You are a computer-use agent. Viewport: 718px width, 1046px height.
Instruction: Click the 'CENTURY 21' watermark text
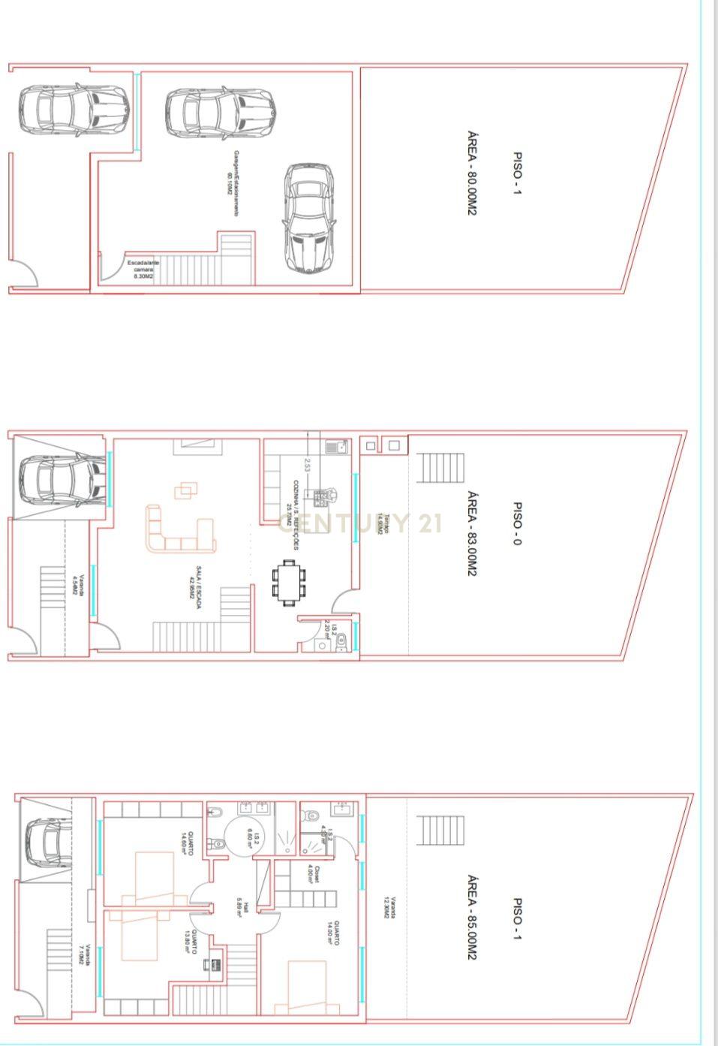tap(360, 523)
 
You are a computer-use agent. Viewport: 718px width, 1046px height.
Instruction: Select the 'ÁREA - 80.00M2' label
tap(472, 174)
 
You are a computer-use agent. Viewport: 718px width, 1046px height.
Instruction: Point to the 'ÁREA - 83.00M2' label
tap(472, 533)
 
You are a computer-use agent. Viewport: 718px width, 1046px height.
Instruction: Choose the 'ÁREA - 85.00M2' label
tap(472, 917)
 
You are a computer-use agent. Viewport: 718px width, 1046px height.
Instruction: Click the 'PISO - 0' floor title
tap(517, 524)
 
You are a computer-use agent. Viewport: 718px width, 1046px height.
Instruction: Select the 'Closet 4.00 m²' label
tap(313, 877)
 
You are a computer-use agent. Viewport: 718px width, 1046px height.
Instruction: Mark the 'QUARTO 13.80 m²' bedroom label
tap(190, 942)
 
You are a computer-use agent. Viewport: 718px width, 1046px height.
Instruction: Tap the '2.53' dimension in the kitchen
tap(307, 465)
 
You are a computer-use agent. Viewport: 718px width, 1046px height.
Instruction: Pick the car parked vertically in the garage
tap(308, 218)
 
